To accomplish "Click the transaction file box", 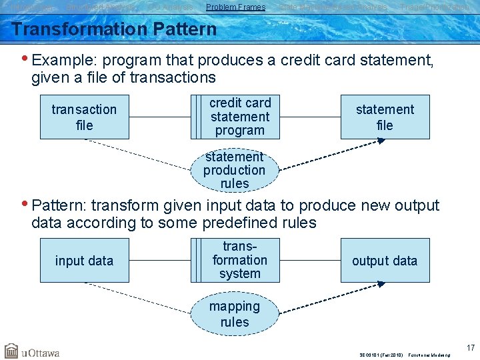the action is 84,117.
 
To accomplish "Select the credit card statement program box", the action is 240,117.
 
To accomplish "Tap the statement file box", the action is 385,117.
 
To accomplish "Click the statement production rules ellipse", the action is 235,170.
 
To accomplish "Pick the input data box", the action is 84,261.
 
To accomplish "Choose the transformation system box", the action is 240,260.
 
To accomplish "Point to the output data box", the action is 385,261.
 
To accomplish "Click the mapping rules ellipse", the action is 235,314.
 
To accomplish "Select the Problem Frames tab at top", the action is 236,7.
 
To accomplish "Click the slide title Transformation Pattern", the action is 114,29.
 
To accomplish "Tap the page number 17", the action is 471,347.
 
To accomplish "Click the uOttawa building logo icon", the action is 11,351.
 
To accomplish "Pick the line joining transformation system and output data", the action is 311,261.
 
